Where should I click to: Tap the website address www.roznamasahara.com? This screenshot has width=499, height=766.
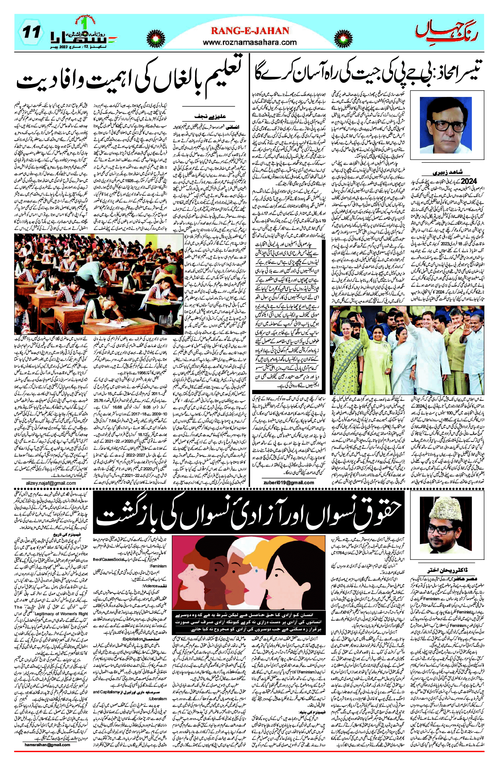tap(250, 42)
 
